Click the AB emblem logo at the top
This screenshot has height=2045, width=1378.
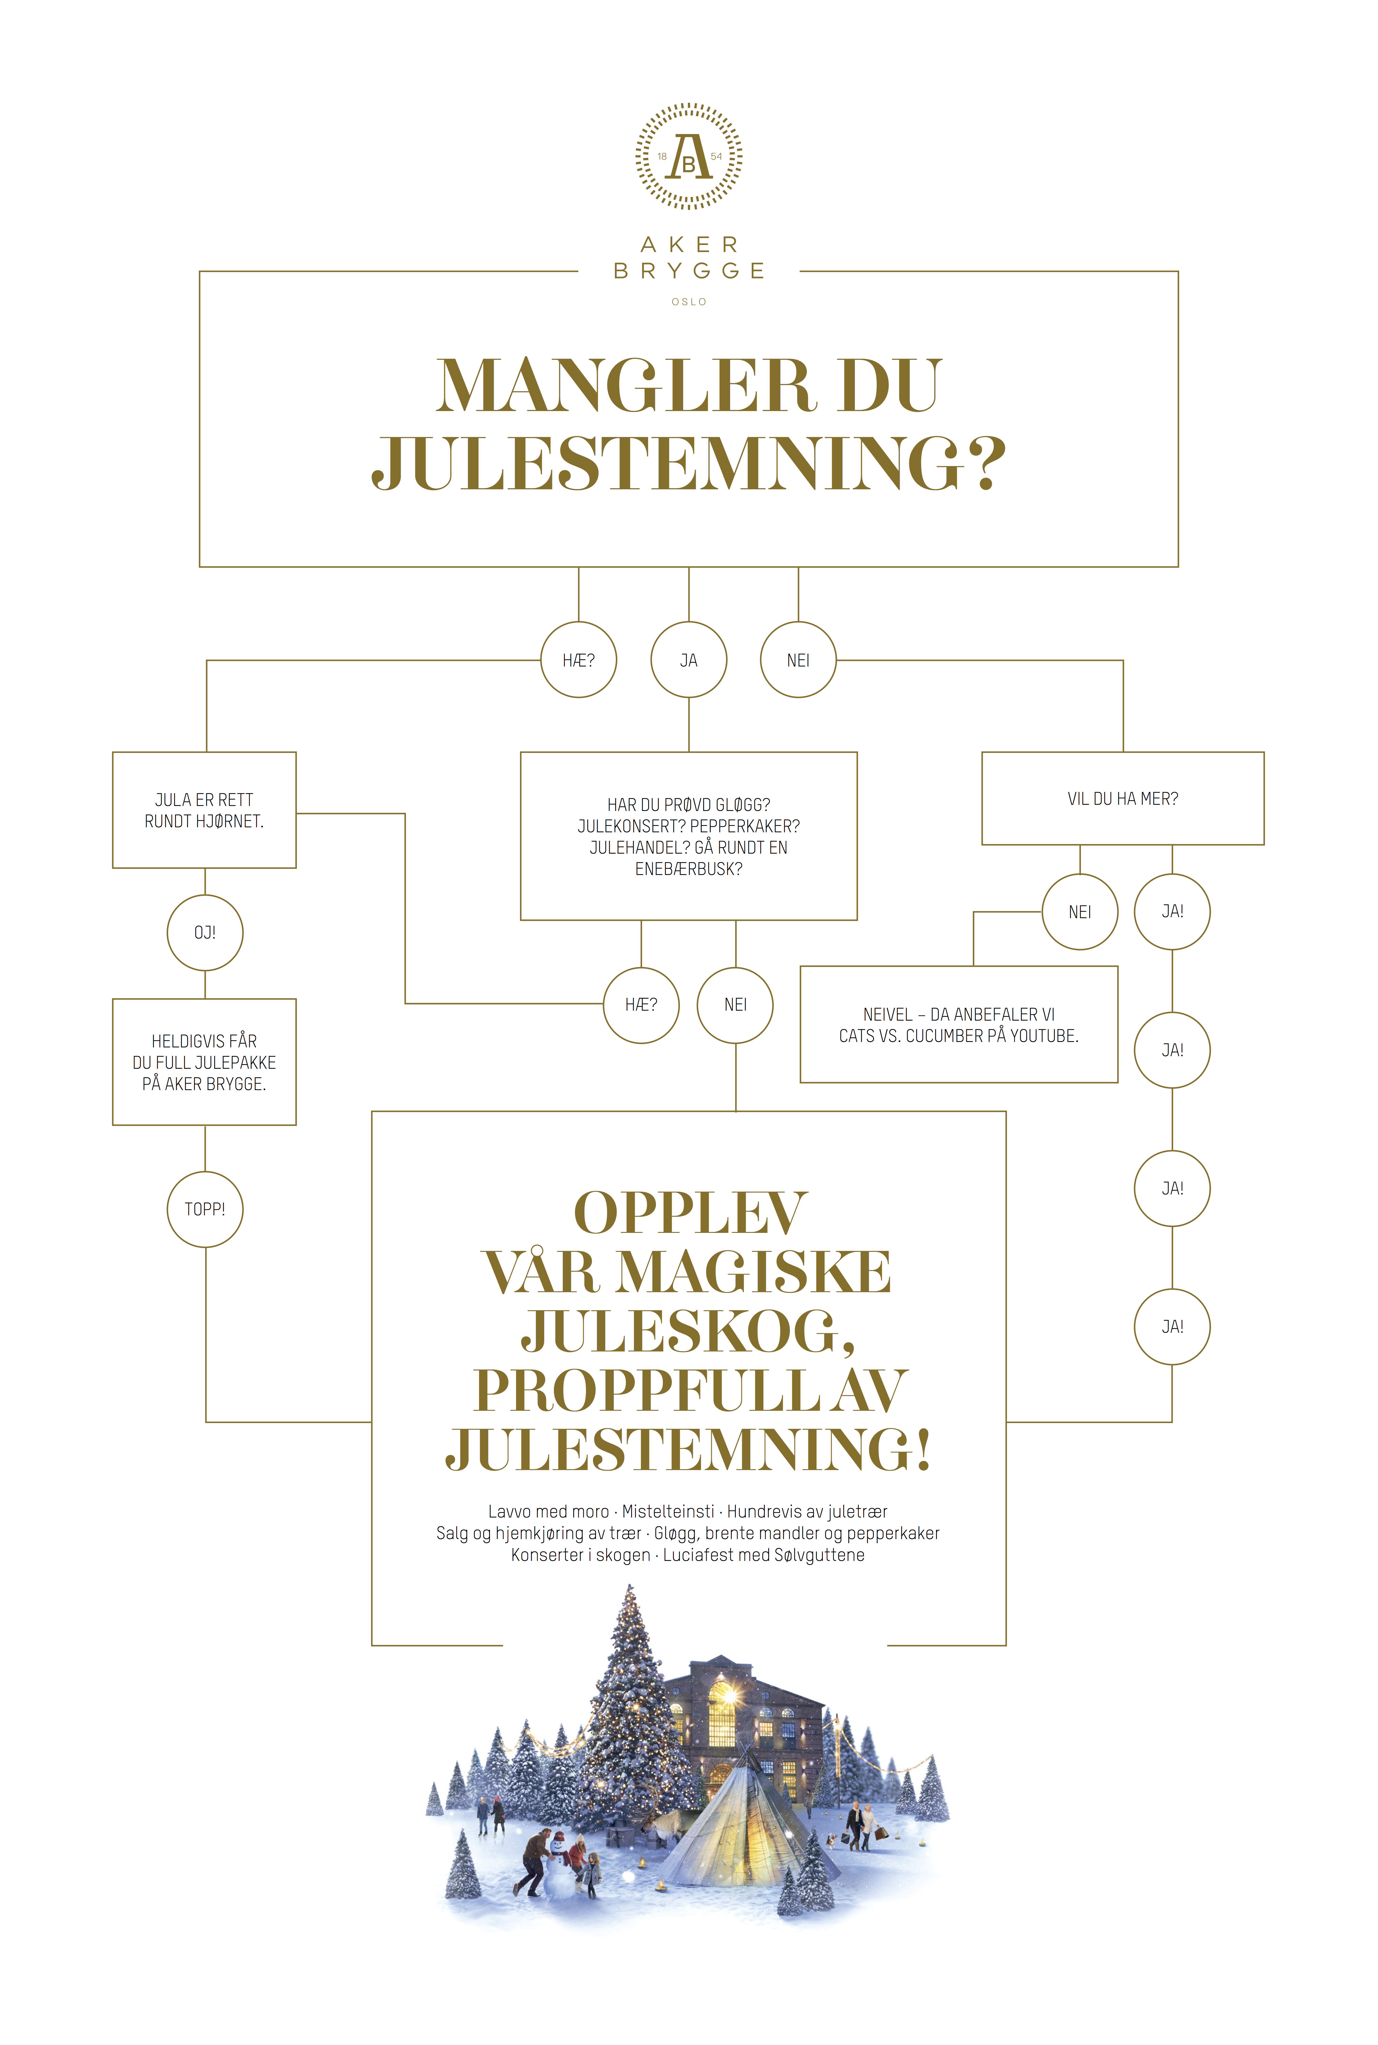[x=689, y=157]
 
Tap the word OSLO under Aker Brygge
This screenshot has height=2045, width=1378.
[x=689, y=301]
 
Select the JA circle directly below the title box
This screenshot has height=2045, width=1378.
[x=689, y=660]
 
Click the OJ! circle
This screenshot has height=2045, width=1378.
[x=205, y=932]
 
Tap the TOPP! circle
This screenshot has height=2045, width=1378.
[x=205, y=1209]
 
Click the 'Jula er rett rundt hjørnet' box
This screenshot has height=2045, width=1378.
[x=204, y=810]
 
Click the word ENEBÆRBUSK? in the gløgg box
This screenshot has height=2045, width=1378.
[x=689, y=869]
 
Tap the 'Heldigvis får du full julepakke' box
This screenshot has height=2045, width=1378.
[x=204, y=1062]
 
